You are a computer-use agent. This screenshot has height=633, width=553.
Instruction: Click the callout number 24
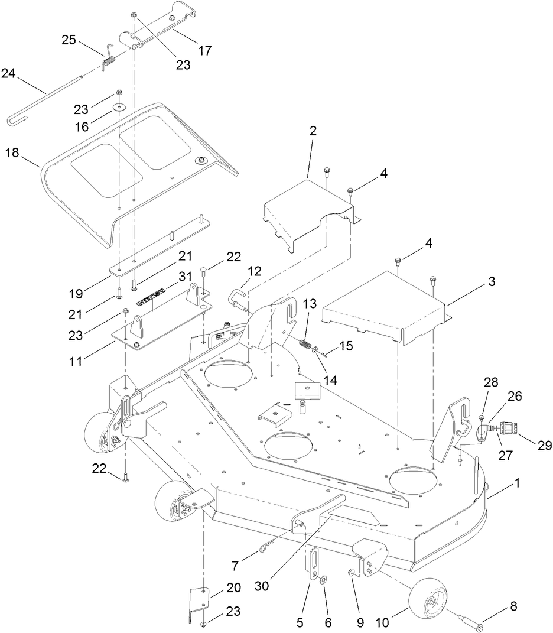(x=9, y=73)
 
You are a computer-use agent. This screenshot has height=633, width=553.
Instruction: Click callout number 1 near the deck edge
(x=518, y=483)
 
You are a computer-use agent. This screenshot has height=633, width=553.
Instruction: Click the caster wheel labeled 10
(x=425, y=602)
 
